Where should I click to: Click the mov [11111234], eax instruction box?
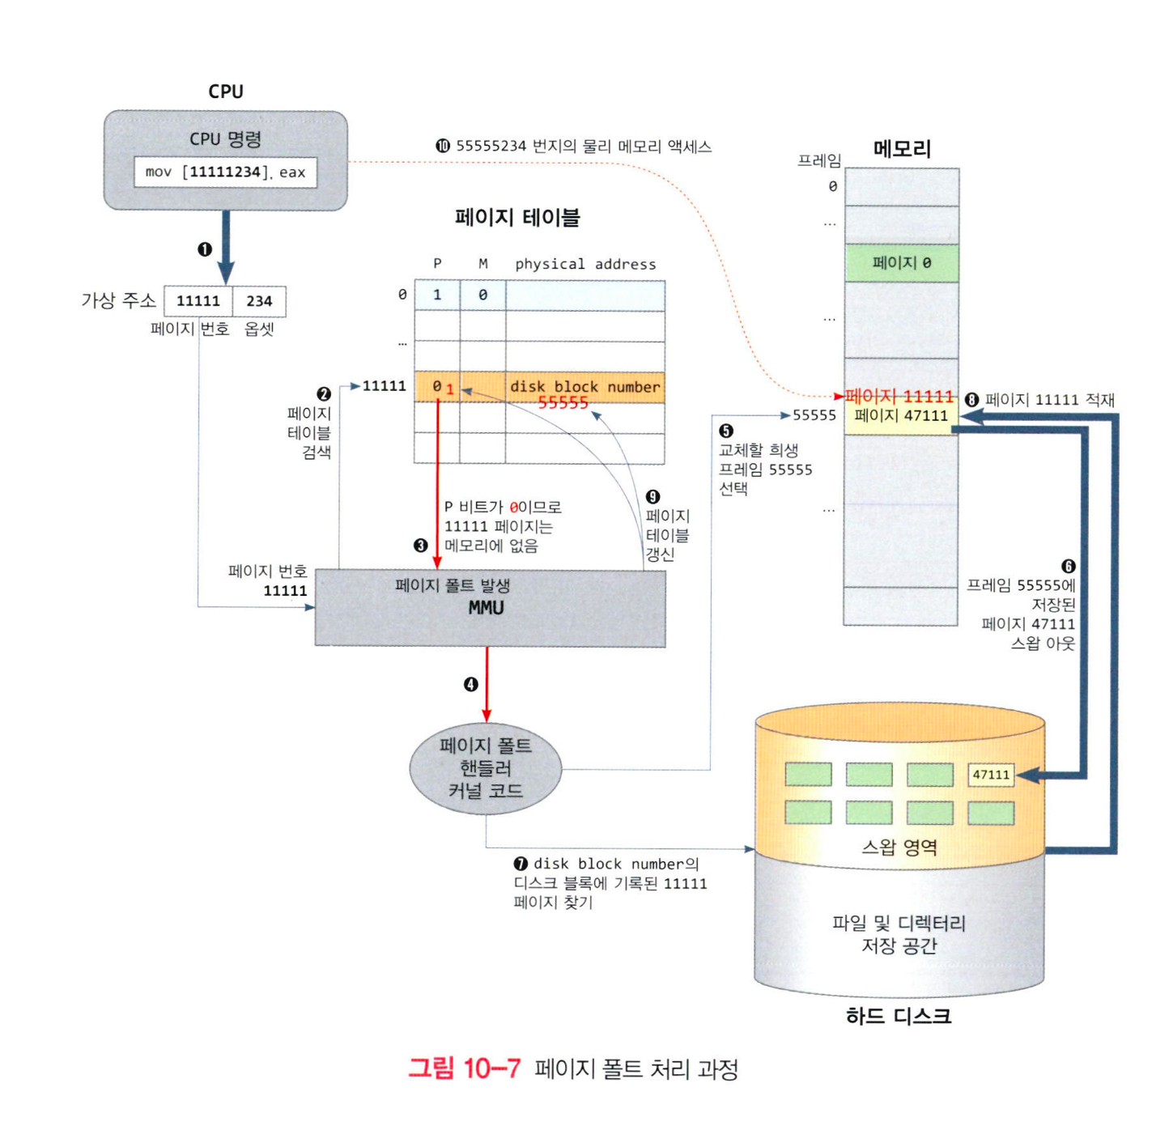tap(225, 172)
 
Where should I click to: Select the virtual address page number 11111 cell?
tap(198, 301)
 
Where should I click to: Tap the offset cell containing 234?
tap(259, 301)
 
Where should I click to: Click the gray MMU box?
tap(490, 608)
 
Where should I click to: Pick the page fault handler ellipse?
tap(486, 768)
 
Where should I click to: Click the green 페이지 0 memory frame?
tap(901, 263)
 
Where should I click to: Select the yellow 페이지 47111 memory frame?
tap(901, 416)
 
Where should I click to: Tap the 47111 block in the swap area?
tap(991, 775)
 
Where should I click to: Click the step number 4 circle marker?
tap(470, 685)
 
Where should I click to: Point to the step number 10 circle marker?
tap(443, 147)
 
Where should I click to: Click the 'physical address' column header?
tap(585, 264)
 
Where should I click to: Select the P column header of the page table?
tap(437, 264)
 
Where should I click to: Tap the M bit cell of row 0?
tap(482, 295)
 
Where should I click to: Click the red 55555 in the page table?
tap(563, 402)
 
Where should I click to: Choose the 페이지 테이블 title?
tap(517, 217)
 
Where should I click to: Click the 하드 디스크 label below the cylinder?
tap(899, 1016)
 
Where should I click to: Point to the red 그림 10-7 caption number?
tap(464, 1069)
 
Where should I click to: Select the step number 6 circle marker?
tap(1068, 567)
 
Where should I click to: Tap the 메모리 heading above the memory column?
tap(902, 149)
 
